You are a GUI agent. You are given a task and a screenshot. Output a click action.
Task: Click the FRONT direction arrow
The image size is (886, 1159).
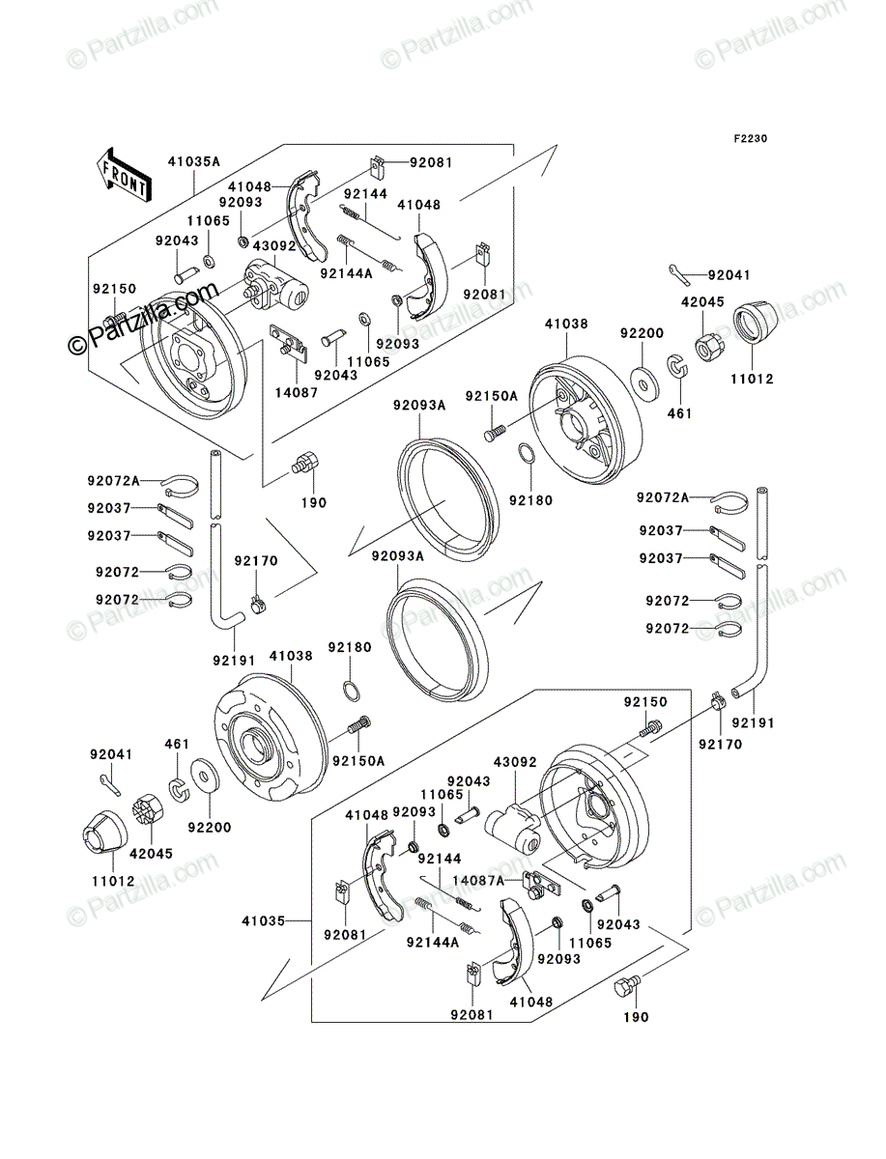124,175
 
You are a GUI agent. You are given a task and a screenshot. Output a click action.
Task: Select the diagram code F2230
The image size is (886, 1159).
750,139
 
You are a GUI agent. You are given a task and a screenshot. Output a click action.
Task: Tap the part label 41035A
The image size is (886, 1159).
194,161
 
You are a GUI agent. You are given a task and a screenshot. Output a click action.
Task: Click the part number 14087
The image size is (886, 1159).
297,392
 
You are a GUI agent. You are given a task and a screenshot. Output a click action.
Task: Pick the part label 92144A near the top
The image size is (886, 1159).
346,273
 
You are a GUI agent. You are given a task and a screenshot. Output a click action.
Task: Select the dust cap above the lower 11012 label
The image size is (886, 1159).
105,832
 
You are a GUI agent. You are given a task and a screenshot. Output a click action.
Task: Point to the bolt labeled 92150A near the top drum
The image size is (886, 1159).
495,434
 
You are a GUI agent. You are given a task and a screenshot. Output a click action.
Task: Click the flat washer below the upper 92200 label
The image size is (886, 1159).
644,381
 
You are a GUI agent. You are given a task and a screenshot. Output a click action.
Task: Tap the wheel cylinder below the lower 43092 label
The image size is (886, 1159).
513,828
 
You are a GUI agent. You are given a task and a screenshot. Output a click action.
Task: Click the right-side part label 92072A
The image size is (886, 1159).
663,497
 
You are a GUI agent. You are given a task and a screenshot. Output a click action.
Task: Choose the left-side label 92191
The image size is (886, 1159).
234,661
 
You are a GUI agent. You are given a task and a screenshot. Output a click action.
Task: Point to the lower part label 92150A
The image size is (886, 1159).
358,761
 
